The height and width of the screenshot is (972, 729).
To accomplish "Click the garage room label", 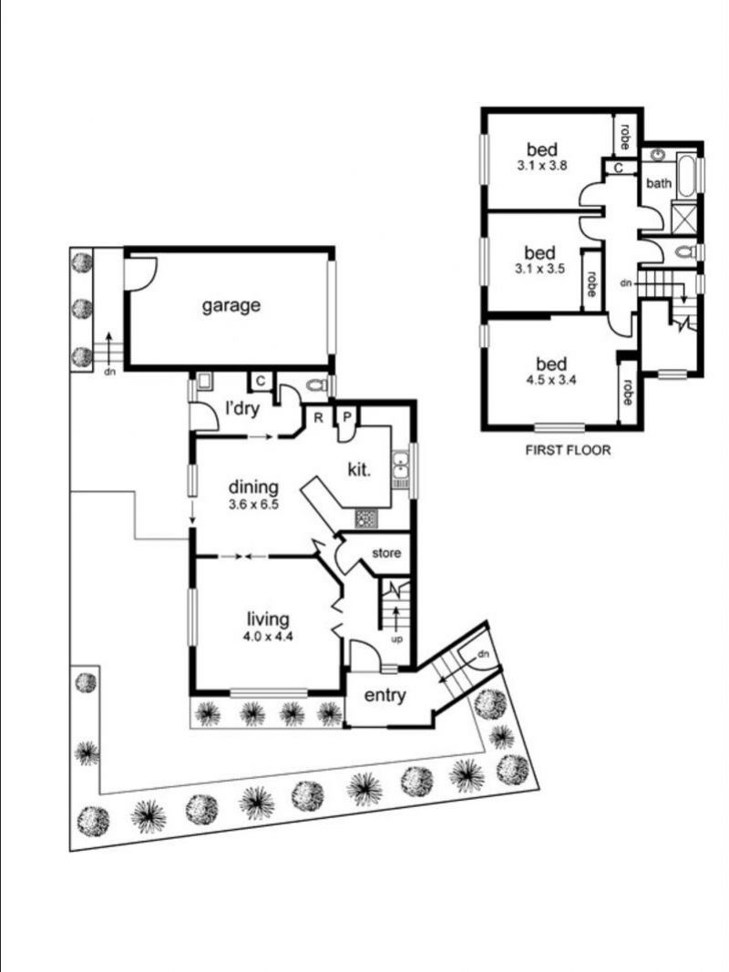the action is pos(231,305).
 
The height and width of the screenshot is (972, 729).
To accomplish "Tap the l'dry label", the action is pos(241,408).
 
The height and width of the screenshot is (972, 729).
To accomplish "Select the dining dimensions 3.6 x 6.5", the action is pos(253,505).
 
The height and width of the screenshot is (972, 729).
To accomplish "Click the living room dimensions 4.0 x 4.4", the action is pos(268,637).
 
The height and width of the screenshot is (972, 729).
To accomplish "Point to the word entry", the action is pos(385,696).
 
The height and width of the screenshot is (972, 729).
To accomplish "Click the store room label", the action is pos(386,552).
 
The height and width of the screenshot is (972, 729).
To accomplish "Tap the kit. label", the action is pos(359,469).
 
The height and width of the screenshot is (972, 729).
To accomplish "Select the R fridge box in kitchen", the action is pos(318,418).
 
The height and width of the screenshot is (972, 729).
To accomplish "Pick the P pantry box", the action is pos(347,417).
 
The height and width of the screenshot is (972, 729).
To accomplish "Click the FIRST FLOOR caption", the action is pos(568,450).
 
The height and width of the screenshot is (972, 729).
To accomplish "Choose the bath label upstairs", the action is pos(658,183).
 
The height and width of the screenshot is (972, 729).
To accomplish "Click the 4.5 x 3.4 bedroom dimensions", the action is pos(551,380).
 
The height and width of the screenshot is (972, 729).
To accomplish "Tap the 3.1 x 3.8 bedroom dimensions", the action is pos(542,166).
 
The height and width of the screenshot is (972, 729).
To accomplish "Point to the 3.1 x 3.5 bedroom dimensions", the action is pos(539,269).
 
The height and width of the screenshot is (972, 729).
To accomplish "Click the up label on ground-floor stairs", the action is pos(396,639).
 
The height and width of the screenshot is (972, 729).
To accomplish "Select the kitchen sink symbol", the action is pos(400,466).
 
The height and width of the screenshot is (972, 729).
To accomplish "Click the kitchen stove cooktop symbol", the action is pos(365,518).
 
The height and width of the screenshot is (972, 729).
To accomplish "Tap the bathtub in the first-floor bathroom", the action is pos(686,176).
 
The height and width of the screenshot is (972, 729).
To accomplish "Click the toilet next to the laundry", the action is pos(316,385).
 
